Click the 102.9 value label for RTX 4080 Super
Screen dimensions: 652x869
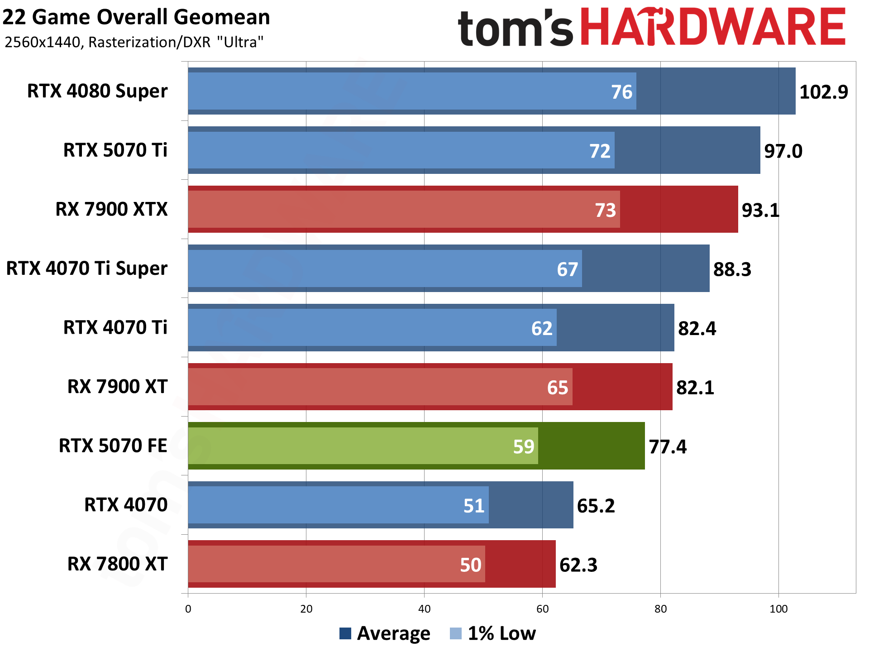click(823, 92)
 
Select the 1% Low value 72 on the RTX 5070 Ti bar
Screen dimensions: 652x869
click(600, 151)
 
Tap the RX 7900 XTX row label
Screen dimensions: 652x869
click(111, 209)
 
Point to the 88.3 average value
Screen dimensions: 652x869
click(732, 269)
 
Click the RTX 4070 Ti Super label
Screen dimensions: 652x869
click(86, 268)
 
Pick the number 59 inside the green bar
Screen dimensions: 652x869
click(524, 447)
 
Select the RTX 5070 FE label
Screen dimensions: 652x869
click(113, 446)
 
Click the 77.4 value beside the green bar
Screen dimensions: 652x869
click(668, 447)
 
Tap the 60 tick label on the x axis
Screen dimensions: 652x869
click(542, 609)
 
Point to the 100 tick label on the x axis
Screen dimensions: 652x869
click(778, 609)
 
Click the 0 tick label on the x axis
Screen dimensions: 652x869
click(188, 609)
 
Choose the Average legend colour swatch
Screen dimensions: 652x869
click(345, 633)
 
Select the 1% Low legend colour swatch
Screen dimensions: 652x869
click(456, 633)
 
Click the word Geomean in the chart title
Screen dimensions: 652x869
click(222, 17)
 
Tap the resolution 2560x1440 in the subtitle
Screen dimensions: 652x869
click(43, 42)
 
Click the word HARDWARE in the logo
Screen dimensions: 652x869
click(713, 27)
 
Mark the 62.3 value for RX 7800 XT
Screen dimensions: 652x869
click(578, 565)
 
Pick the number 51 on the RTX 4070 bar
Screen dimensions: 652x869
click(474, 506)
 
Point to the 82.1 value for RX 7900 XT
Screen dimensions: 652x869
click(695, 388)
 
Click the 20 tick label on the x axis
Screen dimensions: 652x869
click(306, 609)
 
